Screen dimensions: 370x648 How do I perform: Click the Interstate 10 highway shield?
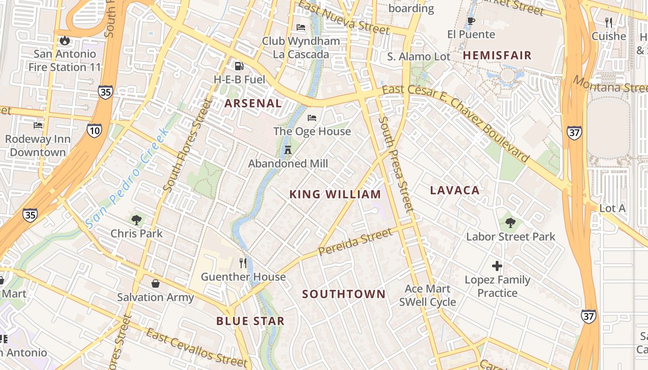click(x=94, y=130)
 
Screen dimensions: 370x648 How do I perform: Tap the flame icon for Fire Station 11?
click(x=65, y=40)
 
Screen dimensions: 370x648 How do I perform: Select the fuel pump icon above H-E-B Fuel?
click(x=239, y=66)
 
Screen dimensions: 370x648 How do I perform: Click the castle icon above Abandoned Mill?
click(x=288, y=150)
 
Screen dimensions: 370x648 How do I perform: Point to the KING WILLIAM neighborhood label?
click(x=335, y=194)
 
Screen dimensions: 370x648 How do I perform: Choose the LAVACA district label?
click(x=455, y=190)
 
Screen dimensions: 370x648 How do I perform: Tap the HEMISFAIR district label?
click(x=497, y=55)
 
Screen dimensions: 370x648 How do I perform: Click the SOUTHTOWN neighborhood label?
click(x=343, y=294)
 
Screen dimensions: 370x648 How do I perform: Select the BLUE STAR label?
click(x=250, y=321)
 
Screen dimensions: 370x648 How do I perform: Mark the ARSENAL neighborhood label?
click(x=253, y=104)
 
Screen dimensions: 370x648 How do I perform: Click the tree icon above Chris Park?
click(x=136, y=220)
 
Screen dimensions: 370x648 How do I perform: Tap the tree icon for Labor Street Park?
click(x=511, y=223)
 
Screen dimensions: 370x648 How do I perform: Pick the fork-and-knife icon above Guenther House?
click(x=243, y=263)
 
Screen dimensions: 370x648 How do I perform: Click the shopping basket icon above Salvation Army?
click(x=156, y=283)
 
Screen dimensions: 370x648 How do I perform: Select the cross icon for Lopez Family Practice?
click(x=497, y=266)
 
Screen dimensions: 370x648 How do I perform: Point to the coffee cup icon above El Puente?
click(x=471, y=21)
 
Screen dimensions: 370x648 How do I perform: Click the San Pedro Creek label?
click(x=127, y=185)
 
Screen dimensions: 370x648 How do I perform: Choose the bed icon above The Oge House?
click(x=312, y=118)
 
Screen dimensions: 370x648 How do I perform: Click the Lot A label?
click(x=612, y=209)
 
